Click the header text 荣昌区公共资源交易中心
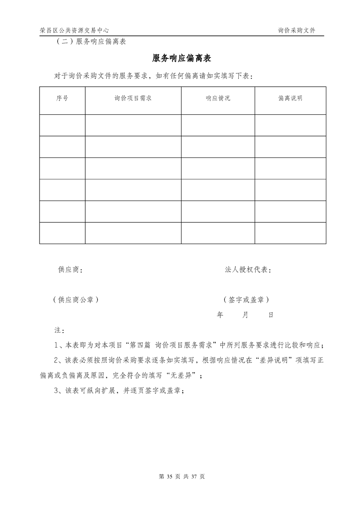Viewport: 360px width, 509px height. click(x=74, y=30)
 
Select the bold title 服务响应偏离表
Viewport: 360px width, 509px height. click(x=180, y=59)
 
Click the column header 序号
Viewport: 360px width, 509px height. click(x=62, y=98)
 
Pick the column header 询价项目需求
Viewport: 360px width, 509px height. click(x=133, y=98)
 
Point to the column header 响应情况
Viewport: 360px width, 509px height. click(x=218, y=98)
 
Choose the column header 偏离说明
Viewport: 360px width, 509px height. click(x=290, y=98)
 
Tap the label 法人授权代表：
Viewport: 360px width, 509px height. click(x=249, y=270)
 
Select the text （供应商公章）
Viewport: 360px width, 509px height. click(x=76, y=300)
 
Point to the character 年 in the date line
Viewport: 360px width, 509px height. click(x=220, y=315)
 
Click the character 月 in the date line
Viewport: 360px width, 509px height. click(x=245, y=315)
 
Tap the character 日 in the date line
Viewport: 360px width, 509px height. click(x=271, y=315)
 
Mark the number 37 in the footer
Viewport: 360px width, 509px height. click(x=196, y=477)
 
